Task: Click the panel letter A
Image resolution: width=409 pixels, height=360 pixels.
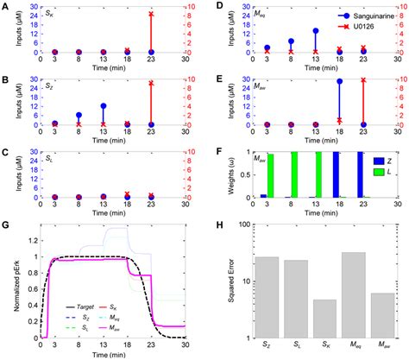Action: [x=5, y=6]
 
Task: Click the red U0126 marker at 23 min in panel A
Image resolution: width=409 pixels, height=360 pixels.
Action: [x=152, y=15]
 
